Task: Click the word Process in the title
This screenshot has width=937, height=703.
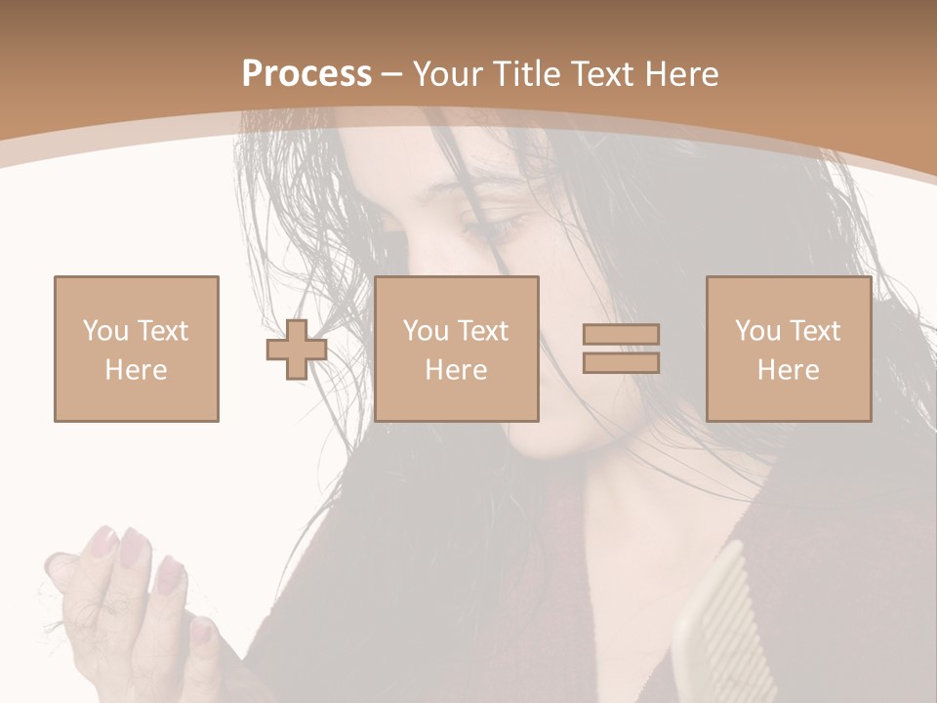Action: [x=306, y=74]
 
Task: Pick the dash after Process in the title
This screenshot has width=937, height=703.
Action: [x=392, y=75]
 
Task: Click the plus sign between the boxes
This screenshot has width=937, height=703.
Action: [x=297, y=350]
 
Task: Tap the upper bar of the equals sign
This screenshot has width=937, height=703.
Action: [x=621, y=335]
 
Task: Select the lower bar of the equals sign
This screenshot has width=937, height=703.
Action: [x=621, y=362]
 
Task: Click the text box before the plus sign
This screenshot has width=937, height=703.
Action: [x=137, y=349]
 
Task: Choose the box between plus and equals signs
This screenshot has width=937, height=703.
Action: [x=456, y=349]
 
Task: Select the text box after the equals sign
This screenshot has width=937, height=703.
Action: [x=788, y=349]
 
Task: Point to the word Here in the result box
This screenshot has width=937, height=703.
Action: [x=788, y=369]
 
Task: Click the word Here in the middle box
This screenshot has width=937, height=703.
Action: [x=456, y=369]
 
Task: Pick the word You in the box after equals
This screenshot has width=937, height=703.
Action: [x=756, y=331]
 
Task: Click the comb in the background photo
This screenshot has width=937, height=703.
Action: [x=717, y=635]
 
